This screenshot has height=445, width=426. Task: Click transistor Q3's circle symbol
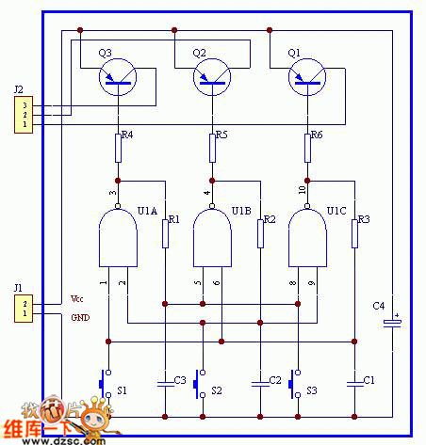point(118,79)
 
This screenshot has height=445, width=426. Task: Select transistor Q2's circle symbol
point(212,79)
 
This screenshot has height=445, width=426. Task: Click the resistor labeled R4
point(118,147)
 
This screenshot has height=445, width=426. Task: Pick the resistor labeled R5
point(212,147)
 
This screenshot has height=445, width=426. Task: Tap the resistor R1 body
point(165,232)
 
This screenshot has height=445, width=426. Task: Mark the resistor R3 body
point(354,232)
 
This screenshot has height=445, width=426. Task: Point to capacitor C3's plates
point(165,382)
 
